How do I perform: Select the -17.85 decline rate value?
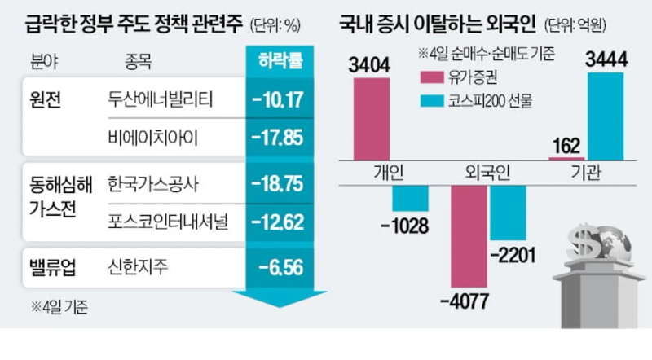pos(278,135)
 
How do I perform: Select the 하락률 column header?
pos(278,62)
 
